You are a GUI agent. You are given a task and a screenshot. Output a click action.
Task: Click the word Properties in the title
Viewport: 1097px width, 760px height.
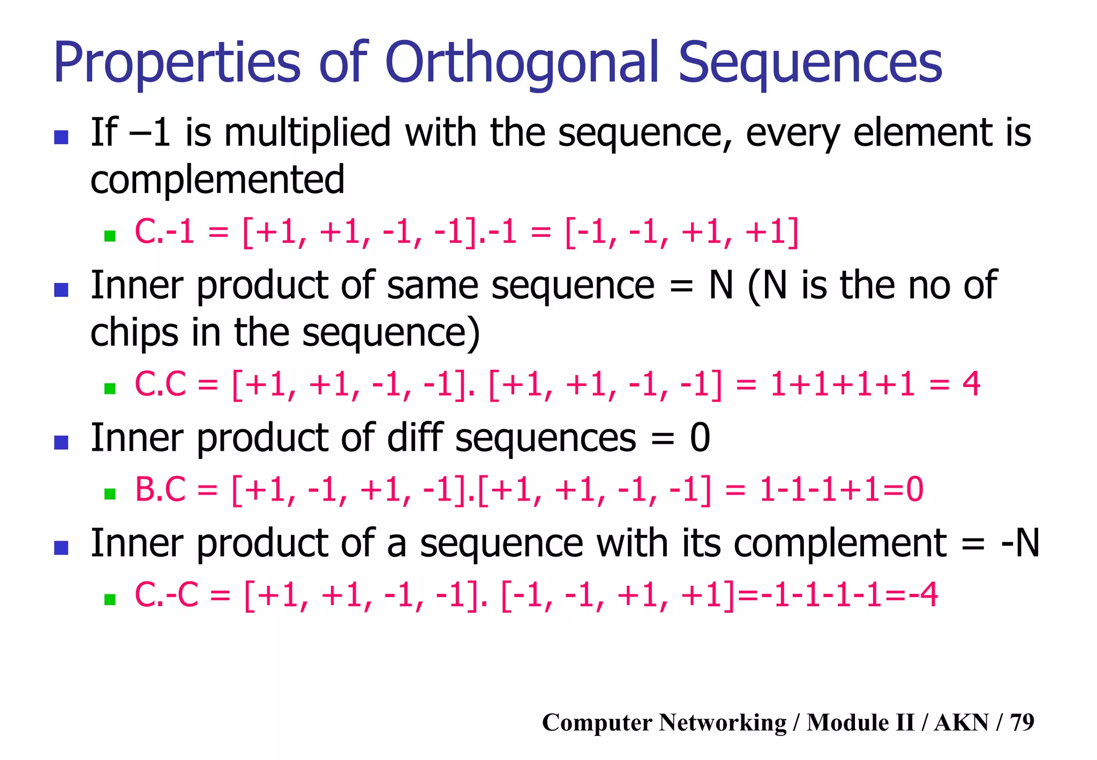coord(177,63)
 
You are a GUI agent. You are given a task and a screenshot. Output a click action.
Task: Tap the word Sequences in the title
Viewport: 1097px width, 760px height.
coord(810,63)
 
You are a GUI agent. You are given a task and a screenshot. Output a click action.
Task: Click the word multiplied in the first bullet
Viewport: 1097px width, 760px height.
coord(307,132)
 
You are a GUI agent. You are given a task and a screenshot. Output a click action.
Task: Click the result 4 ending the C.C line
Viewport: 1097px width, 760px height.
coord(971,384)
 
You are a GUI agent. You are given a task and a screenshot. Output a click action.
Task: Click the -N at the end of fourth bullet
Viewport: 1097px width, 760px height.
coord(1020,543)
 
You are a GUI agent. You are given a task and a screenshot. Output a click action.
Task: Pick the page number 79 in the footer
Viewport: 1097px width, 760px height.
coord(1022,722)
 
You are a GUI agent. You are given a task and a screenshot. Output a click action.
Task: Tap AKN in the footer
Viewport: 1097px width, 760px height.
coord(961,722)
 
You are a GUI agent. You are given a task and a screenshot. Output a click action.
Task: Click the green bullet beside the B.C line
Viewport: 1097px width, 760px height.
coord(110,493)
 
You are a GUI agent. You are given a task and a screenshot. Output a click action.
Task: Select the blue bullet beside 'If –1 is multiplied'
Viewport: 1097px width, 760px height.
coord(62,137)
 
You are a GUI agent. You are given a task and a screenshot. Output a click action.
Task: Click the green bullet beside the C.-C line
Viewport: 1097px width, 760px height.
coord(110,599)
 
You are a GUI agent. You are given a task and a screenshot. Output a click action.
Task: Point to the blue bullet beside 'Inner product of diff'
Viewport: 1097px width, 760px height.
coord(62,442)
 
